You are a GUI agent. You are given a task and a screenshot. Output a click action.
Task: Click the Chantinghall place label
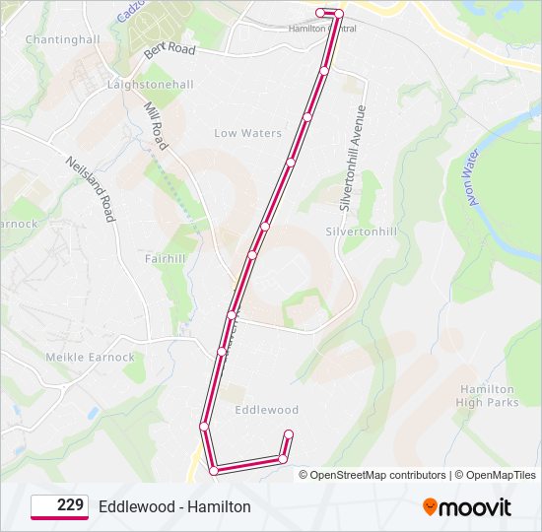(63, 39)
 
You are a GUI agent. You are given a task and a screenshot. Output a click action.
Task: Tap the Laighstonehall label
(150, 85)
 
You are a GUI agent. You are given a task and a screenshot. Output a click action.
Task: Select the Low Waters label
(248, 133)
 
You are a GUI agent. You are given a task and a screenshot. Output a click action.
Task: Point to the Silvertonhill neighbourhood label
(362, 231)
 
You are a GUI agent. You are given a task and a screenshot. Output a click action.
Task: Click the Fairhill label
(165, 259)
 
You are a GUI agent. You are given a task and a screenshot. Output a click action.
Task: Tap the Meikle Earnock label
(90, 357)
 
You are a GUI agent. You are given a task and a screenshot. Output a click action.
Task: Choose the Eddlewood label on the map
(266, 410)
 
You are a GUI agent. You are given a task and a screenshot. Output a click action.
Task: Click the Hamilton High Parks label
(488, 396)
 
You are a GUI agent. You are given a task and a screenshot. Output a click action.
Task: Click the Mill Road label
(156, 125)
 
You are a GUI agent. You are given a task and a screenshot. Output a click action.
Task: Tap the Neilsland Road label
(92, 187)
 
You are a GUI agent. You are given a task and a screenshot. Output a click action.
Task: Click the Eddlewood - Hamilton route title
(174, 506)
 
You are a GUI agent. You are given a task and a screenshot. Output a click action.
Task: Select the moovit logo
(467, 507)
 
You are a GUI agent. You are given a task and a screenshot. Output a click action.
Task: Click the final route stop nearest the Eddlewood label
(289, 433)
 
